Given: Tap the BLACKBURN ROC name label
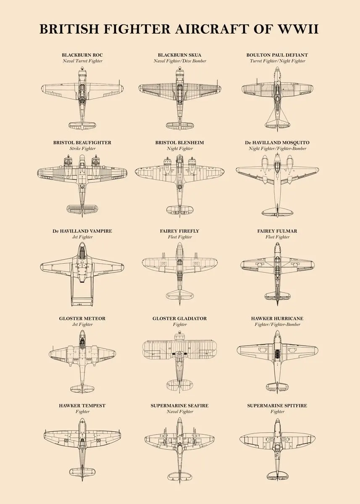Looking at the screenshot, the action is pyautogui.click(x=82, y=55).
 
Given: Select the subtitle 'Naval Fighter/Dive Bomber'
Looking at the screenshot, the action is pyautogui.click(x=180, y=61).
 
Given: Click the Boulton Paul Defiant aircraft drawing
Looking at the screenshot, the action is pyautogui.click(x=277, y=97).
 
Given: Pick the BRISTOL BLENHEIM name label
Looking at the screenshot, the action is pyautogui.click(x=180, y=143).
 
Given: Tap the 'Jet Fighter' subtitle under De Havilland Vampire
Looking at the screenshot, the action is pyautogui.click(x=82, y=237).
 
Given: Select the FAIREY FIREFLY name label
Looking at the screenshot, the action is pyautogui.click(x=180, y=231).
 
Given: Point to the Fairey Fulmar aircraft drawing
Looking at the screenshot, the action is pyautogui.click(x=277, y=269).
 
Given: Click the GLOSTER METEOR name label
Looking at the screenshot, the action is pyautogui.click(x=82, y=318).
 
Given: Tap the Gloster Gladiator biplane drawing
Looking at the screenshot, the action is pyautogui.click(x=180, y=357).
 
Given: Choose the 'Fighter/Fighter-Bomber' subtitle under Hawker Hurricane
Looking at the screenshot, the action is pyautogui.click(x=277, y=325).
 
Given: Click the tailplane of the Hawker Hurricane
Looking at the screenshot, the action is pyautogui.click(x=277, y=386).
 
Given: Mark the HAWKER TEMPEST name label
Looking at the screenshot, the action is pyautogui.click(x=82, y=406).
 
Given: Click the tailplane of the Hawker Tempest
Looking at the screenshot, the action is pyautogui.click(x=82, y=472).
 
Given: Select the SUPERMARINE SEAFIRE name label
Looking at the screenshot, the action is pyautogui.click(x=180, y=406).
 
